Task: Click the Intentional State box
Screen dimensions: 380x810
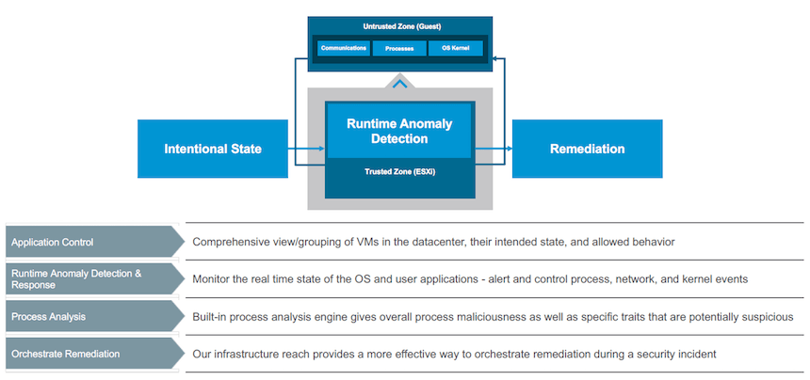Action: click(x=213, y=149)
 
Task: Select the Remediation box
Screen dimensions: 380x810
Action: click(x=587, y=149)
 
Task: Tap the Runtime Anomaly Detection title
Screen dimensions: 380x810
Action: click(x=399, y=131)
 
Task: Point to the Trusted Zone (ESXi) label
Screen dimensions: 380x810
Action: click(x=399, y=172)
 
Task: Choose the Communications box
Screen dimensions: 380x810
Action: click(x=343, y=48)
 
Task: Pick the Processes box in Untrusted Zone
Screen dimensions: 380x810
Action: click(x=399, y=48)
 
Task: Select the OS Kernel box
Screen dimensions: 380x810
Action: click(x=456, y=48)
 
